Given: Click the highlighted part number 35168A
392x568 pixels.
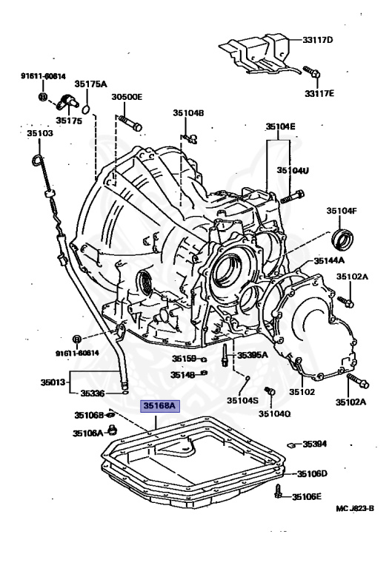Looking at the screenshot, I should tap(159, 405).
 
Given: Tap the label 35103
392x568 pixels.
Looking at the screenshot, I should tap(40, 134).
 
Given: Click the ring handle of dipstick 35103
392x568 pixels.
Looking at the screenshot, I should tap(36, 161).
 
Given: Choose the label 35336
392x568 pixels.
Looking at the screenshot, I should tap(93, 393).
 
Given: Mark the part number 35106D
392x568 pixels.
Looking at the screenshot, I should tap(312, 473).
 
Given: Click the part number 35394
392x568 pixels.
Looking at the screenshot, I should tap(315, 444).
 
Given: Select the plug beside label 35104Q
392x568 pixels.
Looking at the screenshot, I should tap(270, 391).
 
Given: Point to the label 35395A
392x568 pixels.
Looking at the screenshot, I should tap(253, 356).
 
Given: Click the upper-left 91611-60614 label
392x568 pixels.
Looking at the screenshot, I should tap(42, 76).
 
